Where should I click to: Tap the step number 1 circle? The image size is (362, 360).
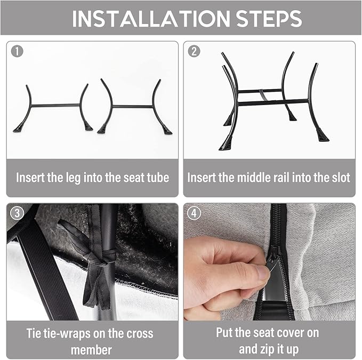tap(17, 51)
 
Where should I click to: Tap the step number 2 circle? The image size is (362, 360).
tap(194, 51)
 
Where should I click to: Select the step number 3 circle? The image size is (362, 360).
tap(17, 213)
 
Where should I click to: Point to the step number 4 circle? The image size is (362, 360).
tap(194, 213)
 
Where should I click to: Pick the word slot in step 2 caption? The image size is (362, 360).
tap(340, 178)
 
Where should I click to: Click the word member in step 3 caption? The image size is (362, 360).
tap(91, 350)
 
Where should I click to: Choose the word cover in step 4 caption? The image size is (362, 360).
tap(291, 333)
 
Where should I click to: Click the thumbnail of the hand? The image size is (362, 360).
tap(262, 272)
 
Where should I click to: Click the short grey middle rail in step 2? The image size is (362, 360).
tap(264, 95)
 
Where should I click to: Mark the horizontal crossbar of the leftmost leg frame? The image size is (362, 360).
tap(55, 105)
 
